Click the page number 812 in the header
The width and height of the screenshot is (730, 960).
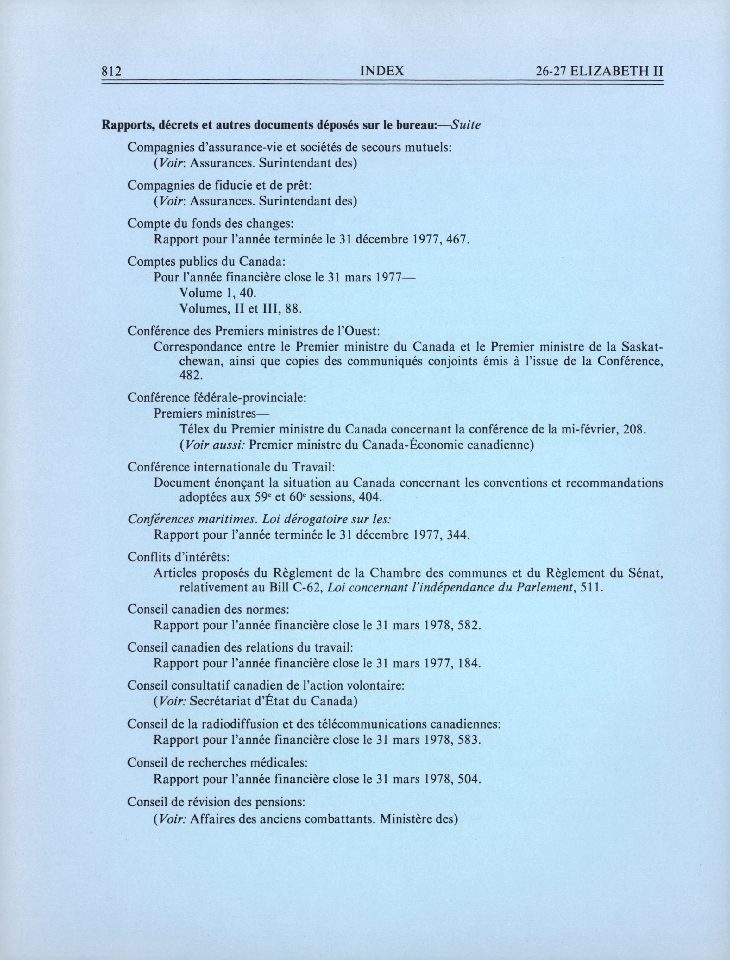point(110,71)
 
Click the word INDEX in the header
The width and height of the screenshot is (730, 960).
point(382,71)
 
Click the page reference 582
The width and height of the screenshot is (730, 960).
point(469,626)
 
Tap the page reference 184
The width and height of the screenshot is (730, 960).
point(469,664)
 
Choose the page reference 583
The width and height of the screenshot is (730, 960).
point(469,740)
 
